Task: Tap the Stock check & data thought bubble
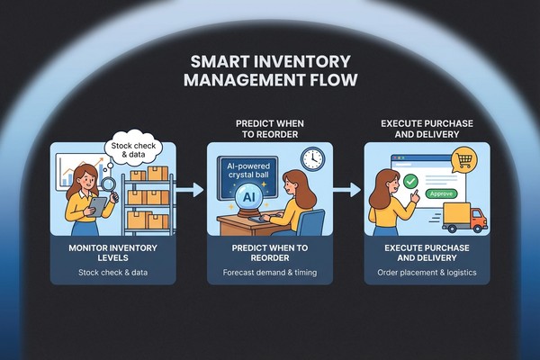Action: [x=133, y=148]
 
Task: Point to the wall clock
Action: [x=312, y=158]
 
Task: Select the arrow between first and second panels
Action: [x=188, y=190]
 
